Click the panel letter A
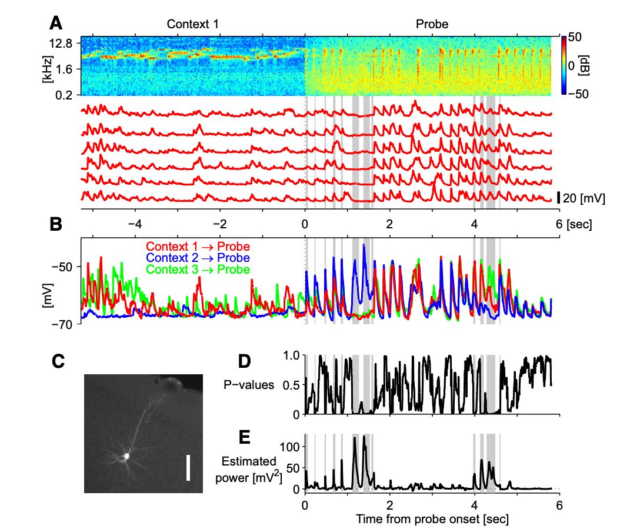(56, 24)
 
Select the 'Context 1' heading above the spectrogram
(192, 24)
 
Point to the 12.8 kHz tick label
(61, 43)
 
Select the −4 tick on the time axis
(135, 224)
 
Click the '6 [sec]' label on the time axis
(570, 224)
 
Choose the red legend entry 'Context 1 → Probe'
(198, 247)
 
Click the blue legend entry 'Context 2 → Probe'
(198, 258)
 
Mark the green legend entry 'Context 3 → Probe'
(198, 269)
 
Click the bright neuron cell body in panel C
(126, 455)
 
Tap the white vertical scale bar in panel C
(188, 467)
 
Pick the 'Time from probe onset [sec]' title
(432, 519)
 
